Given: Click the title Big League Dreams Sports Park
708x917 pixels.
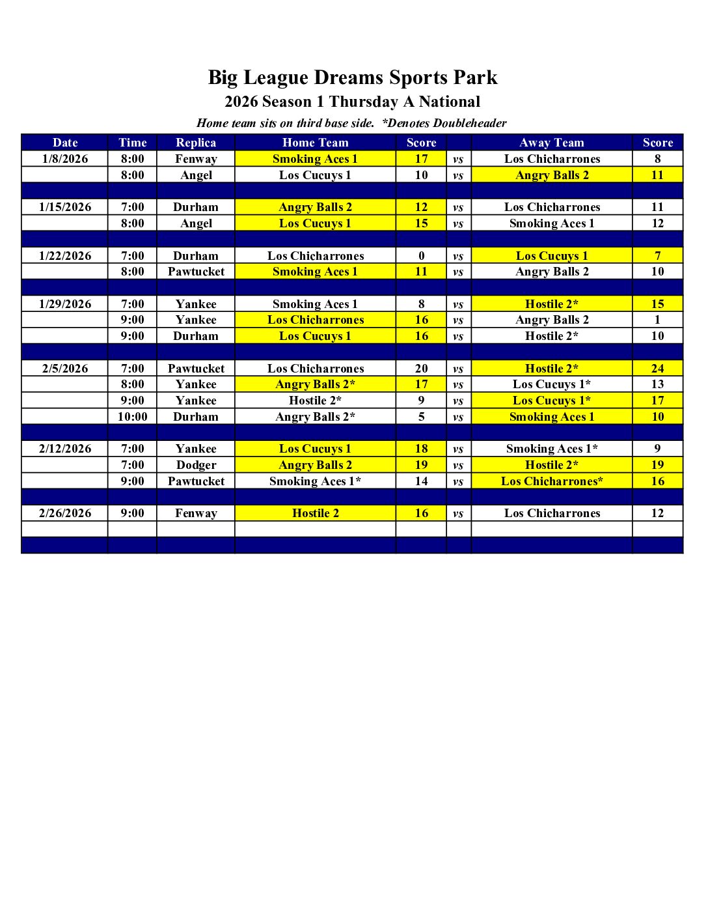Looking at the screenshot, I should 353,78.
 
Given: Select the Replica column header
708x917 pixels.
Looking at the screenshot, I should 196,143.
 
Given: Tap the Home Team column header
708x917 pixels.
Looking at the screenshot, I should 315,143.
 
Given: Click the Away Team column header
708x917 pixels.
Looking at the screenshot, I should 552,143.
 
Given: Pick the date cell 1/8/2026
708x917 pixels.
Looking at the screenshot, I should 65,159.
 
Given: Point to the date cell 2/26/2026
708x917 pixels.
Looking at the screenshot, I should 65,513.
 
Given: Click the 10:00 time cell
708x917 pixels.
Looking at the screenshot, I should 133,417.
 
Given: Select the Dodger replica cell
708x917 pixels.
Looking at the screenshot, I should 196,465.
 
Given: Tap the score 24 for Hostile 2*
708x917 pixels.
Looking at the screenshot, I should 657,369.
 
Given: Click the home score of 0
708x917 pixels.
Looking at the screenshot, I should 421,256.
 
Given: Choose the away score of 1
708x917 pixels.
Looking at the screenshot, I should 657,320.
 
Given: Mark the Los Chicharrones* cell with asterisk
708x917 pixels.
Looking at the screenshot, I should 552,481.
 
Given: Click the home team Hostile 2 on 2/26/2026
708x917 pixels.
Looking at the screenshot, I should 315,513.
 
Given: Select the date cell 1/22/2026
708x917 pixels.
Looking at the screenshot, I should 65,256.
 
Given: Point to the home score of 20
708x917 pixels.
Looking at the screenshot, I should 421,369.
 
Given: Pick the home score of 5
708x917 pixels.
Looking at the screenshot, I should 421,417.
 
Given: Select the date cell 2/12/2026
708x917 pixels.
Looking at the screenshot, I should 65,449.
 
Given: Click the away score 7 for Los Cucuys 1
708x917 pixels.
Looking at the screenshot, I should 657,256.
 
